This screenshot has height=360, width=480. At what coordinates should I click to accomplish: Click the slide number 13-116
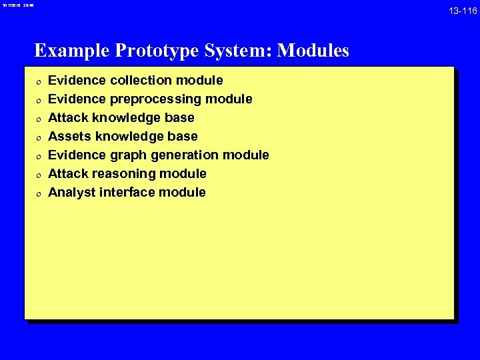click(462, 11)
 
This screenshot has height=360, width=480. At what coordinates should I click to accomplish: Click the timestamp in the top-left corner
click(18, 5)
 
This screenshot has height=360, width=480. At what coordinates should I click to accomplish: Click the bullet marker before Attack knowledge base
click(38, 119)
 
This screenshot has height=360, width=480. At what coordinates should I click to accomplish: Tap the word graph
click(129, 155)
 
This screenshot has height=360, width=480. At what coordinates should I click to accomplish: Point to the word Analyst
click(71, 193)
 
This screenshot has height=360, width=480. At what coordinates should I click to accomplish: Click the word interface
click(129, 193)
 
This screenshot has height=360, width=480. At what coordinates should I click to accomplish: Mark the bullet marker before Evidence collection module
click(38, 81)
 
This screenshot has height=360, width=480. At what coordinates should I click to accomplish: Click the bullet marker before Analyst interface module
click(38, 193)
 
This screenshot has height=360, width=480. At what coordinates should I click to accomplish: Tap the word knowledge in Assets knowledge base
click(129, 137)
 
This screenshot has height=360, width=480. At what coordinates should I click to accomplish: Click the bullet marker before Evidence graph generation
click(38, 156)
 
